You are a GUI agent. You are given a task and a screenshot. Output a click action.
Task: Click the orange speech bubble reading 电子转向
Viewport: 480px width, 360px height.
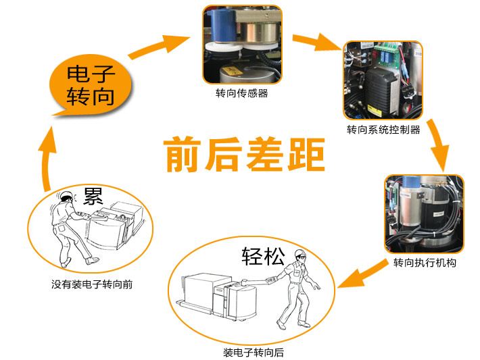click(x=91, y=85)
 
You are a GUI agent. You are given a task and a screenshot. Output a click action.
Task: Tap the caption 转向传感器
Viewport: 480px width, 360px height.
click(x=242, y=93)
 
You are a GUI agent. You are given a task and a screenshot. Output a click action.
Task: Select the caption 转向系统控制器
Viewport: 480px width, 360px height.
click(x=383, y=130)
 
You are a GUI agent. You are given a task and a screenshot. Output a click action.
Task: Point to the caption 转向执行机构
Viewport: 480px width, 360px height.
click(x=425, y=263)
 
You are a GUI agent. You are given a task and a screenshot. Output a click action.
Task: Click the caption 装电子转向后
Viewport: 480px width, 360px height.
click(x=254, y=353)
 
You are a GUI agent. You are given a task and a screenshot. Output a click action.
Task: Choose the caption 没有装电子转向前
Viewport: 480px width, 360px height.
click(x=92, y=284)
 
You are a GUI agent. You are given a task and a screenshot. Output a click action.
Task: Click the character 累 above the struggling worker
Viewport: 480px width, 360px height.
click(x=93, y=196)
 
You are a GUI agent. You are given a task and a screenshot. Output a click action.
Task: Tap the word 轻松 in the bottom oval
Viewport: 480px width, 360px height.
click(x=263, y=256)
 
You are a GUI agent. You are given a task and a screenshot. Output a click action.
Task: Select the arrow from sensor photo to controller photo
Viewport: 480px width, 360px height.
click(x=317, y=41)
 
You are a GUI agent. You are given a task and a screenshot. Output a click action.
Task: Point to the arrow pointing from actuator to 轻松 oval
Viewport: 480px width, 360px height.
click(x=362, y=274)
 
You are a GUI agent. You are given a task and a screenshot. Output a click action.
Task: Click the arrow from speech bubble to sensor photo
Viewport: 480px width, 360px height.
click(x=159, y=47)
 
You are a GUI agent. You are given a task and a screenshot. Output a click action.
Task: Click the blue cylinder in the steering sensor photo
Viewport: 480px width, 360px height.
click(x=224, y=25)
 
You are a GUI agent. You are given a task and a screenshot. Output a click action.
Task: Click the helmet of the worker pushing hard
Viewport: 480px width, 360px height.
click(x=66, y=195)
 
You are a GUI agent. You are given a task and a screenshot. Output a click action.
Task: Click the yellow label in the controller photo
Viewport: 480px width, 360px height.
click(x=375, y=110)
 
